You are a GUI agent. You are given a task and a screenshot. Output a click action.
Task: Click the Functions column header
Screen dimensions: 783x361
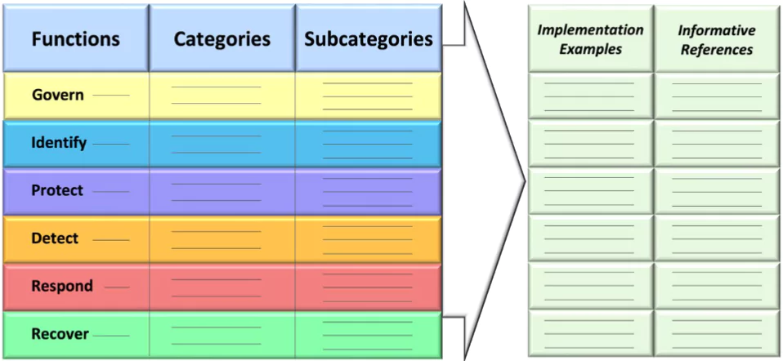click(x=76, y=39)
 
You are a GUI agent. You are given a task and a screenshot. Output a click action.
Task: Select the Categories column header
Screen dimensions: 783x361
click(x=222, y=39)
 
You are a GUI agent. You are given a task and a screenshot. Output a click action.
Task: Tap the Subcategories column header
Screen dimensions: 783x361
click(x=369, y=39)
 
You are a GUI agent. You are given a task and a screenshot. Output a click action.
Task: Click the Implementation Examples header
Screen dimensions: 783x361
click(x=590, y=39)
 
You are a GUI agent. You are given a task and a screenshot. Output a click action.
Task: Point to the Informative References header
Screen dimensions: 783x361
click(x=717, y=40)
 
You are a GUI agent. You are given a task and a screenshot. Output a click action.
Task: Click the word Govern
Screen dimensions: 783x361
click(x=58, y=95)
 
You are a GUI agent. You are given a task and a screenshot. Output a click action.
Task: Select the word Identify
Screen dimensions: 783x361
click(x=59, y=143)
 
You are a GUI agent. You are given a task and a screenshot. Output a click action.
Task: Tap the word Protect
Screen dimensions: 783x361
click(x=57, y=190)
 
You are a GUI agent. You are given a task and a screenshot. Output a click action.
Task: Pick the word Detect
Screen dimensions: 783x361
click(x=55, y=238)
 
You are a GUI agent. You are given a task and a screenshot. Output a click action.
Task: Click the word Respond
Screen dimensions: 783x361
click(x=62, y=286)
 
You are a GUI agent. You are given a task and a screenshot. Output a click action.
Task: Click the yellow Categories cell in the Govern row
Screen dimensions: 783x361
click(x=222, y=96)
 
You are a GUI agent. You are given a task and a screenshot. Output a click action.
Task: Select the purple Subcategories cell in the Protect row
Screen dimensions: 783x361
click(x=369, y=192)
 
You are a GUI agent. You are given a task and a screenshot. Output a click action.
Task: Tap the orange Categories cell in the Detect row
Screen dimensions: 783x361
click(x=222, y=239)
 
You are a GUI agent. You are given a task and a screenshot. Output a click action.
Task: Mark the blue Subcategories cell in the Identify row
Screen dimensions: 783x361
click(x=369, y=144)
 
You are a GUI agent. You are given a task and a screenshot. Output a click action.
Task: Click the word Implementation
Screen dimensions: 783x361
click(x=590, y=30)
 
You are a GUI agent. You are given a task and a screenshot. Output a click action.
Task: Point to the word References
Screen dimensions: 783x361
click(x=717, y=50)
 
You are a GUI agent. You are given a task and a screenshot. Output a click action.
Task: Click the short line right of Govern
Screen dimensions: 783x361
click(x=111, y=96)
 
